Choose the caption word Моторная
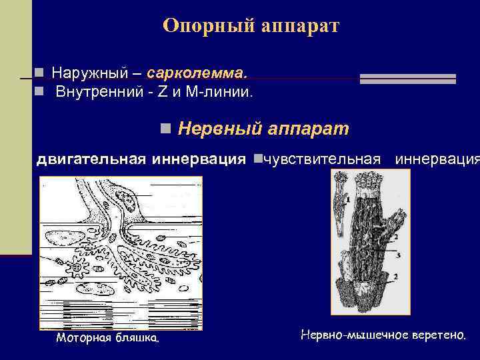click(85, 338)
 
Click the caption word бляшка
click(138, 338)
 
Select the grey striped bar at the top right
click(407, 79)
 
